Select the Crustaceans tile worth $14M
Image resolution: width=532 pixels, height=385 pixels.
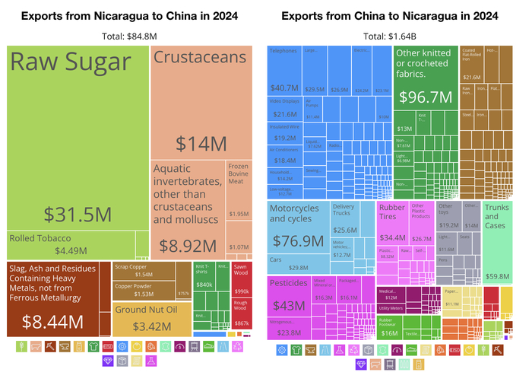200,99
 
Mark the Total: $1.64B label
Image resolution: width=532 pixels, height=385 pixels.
390,36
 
